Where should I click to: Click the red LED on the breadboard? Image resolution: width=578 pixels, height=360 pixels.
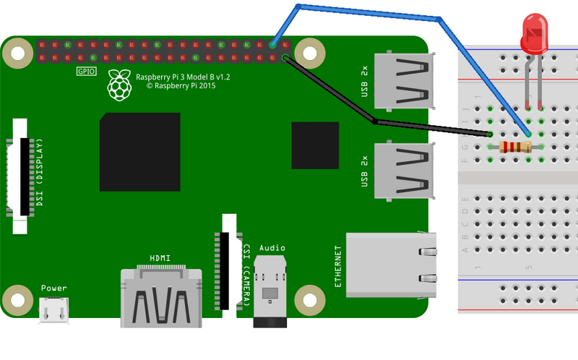pyautogui.click(x=533, y=36)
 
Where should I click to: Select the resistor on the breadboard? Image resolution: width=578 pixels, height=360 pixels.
pyautogui.click(x=515, y=147)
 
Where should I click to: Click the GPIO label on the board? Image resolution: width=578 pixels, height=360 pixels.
pyautogui.click(x=86, y=72)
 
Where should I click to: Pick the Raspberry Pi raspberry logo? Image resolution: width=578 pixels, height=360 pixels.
pyautogui.click(x=120, y=85)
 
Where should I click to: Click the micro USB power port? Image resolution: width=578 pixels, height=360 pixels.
pyautogui.click(x=53, y=310)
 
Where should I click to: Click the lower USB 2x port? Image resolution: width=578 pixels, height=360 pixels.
pyautogui.click(x=403, y=171)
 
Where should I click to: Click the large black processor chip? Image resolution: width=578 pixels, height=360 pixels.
pyautogui.click(x=139, y=152)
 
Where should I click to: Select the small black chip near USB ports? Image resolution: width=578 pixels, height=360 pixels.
pyautogui.click(x=315, y=145)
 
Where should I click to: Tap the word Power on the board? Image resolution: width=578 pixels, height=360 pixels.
pyautogui.click(x=53, y=288)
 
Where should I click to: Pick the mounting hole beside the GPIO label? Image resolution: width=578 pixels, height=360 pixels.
pyautogui.click(x=15, y=53)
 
